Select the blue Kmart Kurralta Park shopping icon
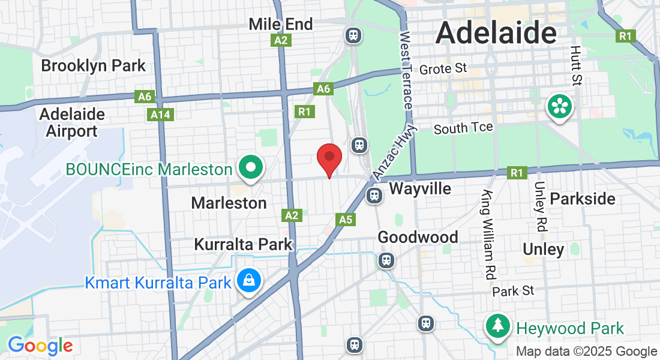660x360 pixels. [x=247, y=280]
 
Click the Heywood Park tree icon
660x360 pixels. [x=498, y=327]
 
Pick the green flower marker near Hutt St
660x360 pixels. [x=559, y=108]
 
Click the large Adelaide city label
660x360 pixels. [x=496, y=32]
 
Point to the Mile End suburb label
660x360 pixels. [x=281, y=25]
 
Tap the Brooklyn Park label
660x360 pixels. [x=93, y=65]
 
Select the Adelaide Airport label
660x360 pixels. [x=72, y=122]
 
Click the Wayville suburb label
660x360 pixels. [x=420, y=189]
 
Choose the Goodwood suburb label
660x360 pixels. [x=418, y=238]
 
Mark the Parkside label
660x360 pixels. [x=582, y=199]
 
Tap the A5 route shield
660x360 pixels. [x=345, y=220]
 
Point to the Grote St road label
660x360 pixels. [x=443, y=69]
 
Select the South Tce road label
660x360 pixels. [x=463, y=128]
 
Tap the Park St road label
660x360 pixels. [x=513, y=291]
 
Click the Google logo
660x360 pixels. [x=40, y=346]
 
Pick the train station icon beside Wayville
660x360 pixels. [x=374, y=195]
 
